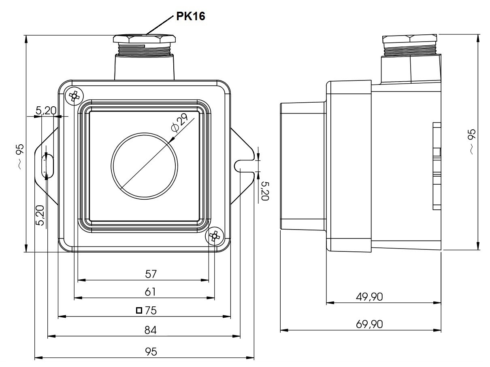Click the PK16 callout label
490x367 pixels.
coord(190,16)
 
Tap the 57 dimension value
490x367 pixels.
coord(151,274)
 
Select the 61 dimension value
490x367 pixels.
coord(150,292)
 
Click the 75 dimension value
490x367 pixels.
coord(151,310)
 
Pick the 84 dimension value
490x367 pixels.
coord(150,330)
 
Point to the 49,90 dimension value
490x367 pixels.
coord(369,297)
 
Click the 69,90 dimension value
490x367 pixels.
coord(369,324)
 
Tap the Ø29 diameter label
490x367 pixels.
coord(180,123)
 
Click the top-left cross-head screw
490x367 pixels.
coord(74,96)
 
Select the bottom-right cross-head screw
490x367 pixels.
coord(215,236)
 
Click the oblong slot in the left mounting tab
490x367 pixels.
coord(47,166)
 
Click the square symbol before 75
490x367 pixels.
coord(139,310)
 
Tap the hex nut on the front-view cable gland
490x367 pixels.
coord(144,38)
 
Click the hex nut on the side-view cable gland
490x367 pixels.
coord(410,39)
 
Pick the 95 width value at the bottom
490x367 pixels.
coord(151,352)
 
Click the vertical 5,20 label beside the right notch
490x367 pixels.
coord(265,191)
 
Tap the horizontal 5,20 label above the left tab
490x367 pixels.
coord(46,110)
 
